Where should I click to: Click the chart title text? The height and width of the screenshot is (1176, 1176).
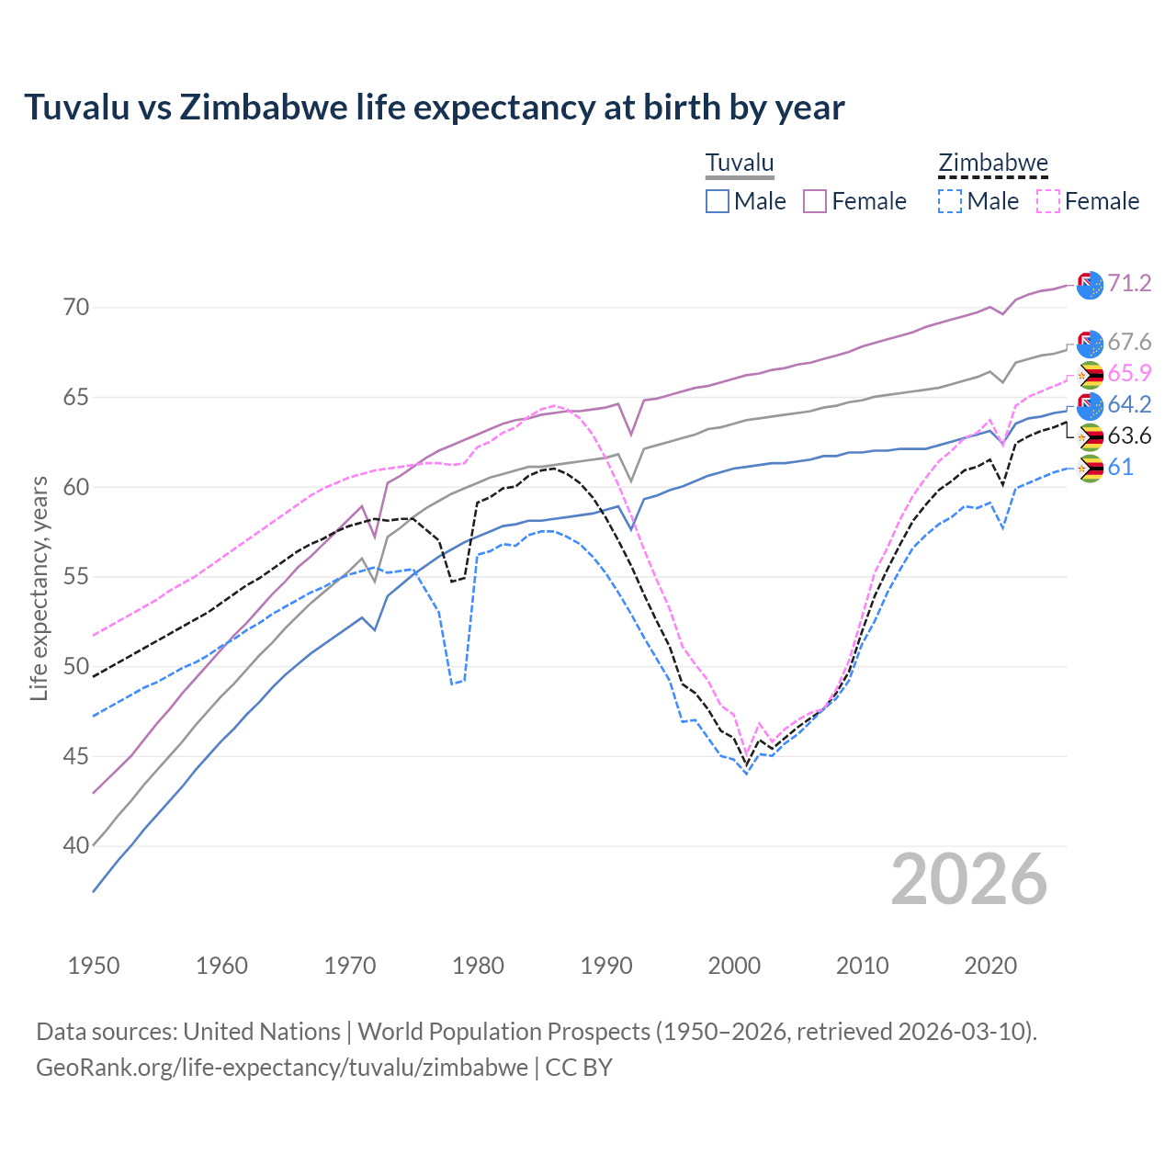click(x=434, y=107)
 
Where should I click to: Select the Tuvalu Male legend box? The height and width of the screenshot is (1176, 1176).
click(x=718, y=201)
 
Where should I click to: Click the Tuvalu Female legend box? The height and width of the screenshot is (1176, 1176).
click(x=815, y=201)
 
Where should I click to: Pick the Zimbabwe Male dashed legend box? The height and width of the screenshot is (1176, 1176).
click(x=950, y=201)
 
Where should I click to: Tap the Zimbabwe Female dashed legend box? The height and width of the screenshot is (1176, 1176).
click(x=1048, y=201)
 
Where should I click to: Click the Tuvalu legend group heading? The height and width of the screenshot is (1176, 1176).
click(x=740, y=164)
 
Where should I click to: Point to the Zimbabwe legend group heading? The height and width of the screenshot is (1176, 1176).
click(x=993, y=164)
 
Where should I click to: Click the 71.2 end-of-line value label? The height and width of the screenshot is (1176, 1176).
click(x=1129, y=284)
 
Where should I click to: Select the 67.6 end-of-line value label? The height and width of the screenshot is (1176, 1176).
click(x=1129, y=343)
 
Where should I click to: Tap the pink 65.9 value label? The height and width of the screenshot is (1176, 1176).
click(x=1129, y=374)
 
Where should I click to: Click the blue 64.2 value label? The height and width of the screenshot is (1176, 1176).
click(x=1129, y=405)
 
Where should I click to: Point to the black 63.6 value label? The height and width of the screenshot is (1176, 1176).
click(x=1129, y=436)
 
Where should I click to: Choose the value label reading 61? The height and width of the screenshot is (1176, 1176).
click(x=1120, y=468)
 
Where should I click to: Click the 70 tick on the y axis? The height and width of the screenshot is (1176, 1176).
click(x=76, y=308)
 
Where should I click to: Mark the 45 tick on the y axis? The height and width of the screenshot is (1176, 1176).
click(x=76, y=757)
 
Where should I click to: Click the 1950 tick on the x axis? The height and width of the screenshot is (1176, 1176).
click(x=94, y=967)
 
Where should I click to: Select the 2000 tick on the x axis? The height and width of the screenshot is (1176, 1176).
click(x=734, y=967)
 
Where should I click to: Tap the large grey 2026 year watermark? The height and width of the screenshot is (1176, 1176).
click(x=968, y=880)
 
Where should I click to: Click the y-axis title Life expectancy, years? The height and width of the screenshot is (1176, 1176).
click(x=40, y=588)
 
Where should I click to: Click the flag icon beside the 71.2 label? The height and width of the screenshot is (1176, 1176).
click(x=1090, y=285)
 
